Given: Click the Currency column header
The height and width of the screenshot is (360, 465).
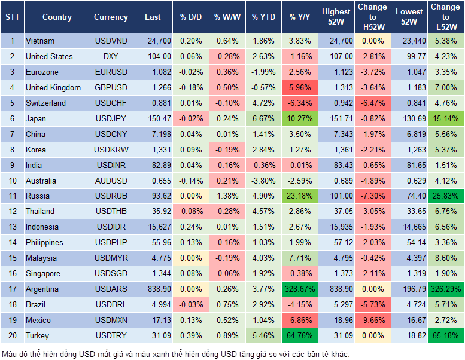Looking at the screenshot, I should pyautogui.click(x=111, y=17).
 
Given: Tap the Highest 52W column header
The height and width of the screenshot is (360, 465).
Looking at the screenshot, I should pyautogui.click(x=336, y=17).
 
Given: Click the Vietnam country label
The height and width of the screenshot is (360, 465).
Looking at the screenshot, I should pyautogui.click(x=40, y=41).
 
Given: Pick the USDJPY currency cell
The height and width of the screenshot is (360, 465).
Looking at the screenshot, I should pyautogui.click(x=111, y=118).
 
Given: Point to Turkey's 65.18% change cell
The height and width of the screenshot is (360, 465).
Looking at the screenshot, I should pyautogui.click(x=445, y=336).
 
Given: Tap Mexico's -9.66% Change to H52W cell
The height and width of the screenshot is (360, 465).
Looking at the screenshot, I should pyautogui.click(x=372, y=321).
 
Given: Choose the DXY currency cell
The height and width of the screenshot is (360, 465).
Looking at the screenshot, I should pyautogui.click(x=111, y=56).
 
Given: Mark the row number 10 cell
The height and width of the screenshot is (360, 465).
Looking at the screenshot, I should pyautogui.click(x=11, y=181).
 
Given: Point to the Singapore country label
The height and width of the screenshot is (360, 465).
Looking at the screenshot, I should pyautogui.click(x=43, y=274).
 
